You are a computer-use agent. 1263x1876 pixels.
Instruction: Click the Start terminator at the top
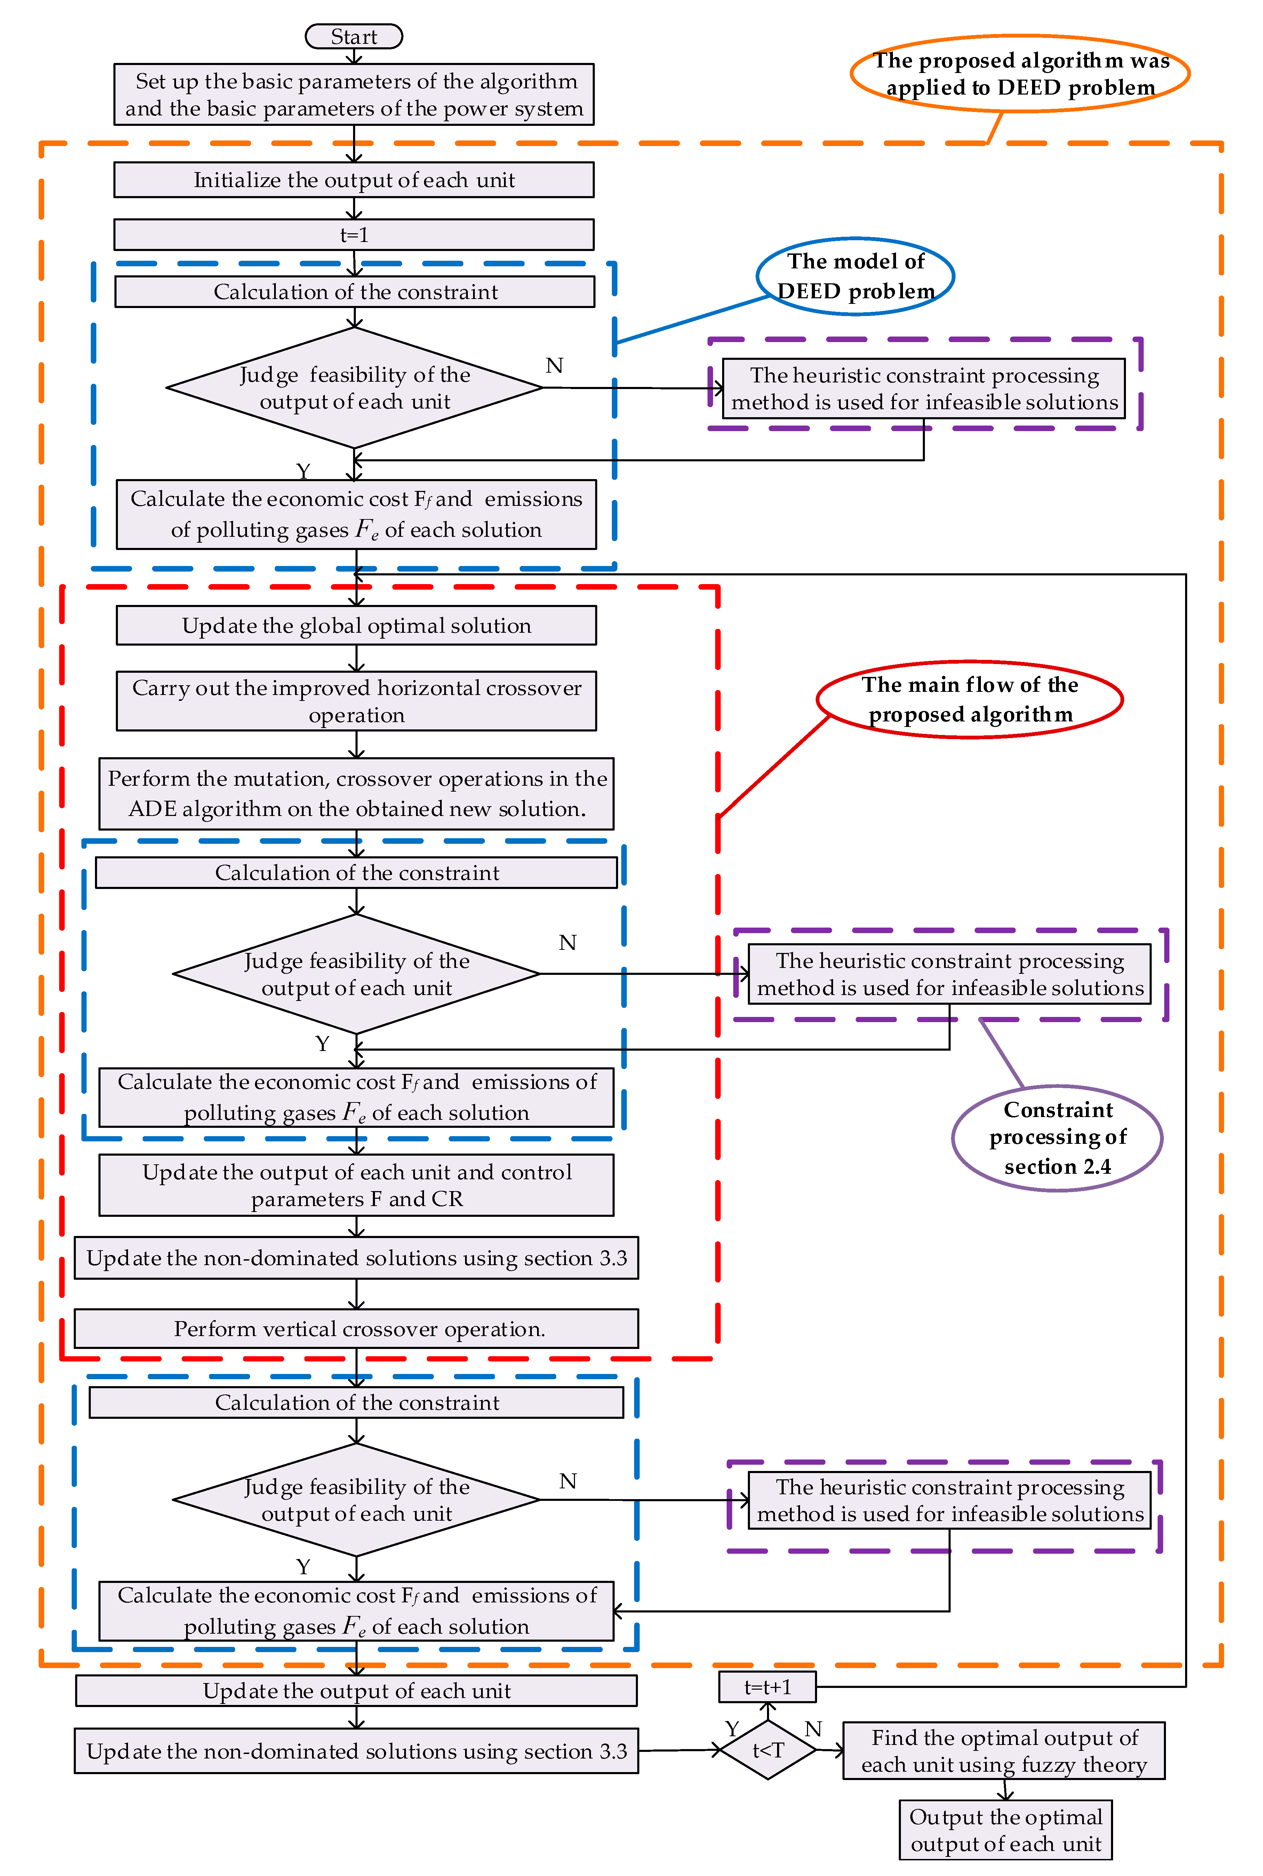click(x=354, y=36)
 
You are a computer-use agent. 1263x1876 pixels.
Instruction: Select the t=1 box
click(x=354, y=234)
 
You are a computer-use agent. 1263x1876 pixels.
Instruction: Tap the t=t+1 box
click(x=767, y=1686)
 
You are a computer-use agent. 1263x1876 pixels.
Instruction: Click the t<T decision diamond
click(x=768, y=1749)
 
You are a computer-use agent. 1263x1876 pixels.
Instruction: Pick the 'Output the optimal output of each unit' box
click(x=1005, y=1830)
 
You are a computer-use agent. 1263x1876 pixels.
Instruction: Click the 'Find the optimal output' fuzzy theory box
click(x=1004, y=1750)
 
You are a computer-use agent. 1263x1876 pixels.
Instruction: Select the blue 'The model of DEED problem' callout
click(x=855, y=276)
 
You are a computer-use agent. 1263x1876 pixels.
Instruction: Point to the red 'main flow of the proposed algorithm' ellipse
click(x=970, y=699)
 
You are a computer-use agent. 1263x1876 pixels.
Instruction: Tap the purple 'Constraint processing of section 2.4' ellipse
click(x=1057, y=1138)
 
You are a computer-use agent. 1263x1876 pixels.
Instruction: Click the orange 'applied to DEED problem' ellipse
click(x=1020, y=73)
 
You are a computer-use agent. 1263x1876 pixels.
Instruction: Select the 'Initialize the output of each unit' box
click(x=354, y=179)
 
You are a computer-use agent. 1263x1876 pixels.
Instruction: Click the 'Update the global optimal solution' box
click(x=356, y=625)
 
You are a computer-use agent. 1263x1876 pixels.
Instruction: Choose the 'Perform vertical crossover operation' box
click(x=356, y=1328)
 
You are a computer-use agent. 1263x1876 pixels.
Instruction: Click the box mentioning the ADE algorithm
click(x=356, y=793)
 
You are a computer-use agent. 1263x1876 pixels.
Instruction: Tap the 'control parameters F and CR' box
click(x=356, y=1185)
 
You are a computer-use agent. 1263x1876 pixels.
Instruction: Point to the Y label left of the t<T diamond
click(x=732, y=1729)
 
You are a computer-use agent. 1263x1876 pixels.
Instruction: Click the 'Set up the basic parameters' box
click(x=354, y=94)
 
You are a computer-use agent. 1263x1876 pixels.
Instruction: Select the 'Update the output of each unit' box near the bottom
click(x=356, y=1691)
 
